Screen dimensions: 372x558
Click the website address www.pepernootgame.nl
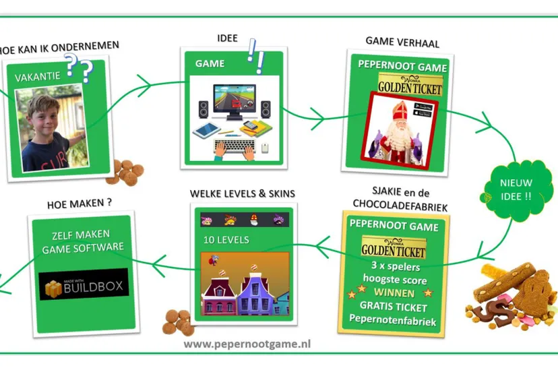[247, 343]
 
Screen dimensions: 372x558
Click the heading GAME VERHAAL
[402, 43]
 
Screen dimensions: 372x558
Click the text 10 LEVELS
[226, 240]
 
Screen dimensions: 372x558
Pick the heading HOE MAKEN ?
[79, 203]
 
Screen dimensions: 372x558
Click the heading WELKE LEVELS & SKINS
[243, 193]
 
